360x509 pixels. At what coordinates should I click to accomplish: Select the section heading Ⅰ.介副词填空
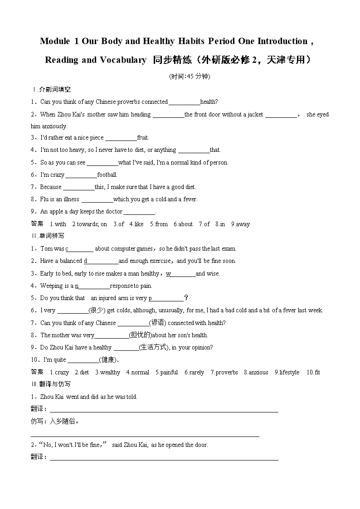[x=51, y=90]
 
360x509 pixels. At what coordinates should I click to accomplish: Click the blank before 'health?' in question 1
[x=184, y=102]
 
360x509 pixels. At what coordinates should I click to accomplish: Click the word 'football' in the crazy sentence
[x=107, y=175]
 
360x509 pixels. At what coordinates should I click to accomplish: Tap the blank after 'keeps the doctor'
[x=139, y=212]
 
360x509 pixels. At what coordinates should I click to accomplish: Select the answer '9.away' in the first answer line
[x=240, y=224]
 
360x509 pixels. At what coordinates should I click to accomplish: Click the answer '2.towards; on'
[x=90, y=224]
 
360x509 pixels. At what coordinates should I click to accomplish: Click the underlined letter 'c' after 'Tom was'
[x=67, y=249]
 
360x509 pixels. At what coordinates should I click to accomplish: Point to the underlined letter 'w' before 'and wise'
[x=168, y=273]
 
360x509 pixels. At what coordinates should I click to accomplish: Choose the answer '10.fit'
[x=313, y=372]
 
